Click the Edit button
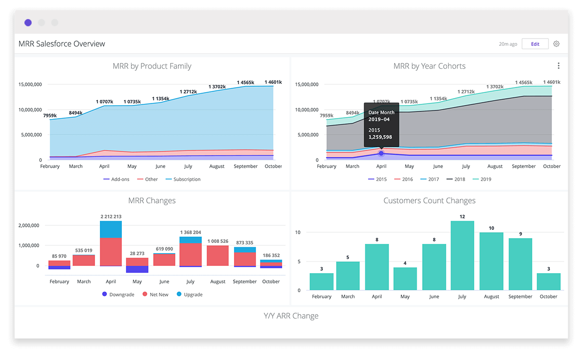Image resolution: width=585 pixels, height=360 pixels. point(535,44)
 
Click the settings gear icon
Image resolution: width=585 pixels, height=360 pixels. point(556,44)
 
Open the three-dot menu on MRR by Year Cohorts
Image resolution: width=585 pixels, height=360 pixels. point(558,66)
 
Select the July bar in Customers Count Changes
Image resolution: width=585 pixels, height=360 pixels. point(462,256)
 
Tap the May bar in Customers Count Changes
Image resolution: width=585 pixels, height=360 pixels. point(405,279)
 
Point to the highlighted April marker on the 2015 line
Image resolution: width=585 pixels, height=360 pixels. point(381,153)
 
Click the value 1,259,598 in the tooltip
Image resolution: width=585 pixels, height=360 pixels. point(380,137)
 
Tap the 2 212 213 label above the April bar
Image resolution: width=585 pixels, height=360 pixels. point(111,216)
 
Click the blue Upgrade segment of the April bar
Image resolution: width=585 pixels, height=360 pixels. point(111,229)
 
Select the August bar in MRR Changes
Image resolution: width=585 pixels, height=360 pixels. point(217,255)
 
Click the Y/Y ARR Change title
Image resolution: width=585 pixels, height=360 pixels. point(291,316)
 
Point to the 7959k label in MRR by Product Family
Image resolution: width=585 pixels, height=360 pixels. point(50,116)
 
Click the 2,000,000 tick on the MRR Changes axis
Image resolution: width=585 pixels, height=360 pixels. point(30,225)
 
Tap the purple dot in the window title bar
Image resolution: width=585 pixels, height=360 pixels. point(28,22)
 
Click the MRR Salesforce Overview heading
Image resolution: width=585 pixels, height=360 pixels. point(62,44)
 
